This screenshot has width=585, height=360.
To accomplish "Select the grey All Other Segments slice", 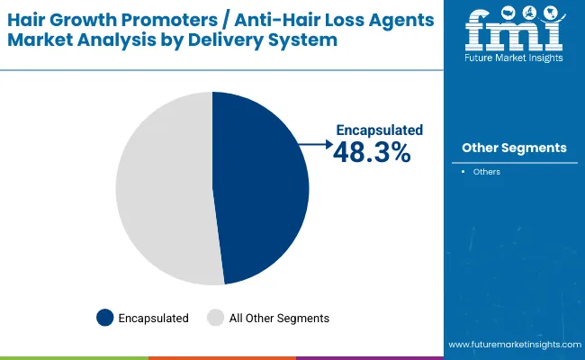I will [x=162, y=189].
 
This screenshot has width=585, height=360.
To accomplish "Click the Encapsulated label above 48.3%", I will [x=379, y=130].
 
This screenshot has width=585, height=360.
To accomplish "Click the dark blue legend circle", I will [x=105, y=318].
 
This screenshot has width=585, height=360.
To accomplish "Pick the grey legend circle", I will [x=215, y=318].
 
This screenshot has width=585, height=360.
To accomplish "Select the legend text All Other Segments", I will [x=279, y=318].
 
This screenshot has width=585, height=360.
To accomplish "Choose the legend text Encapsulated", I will [x=154, y=318].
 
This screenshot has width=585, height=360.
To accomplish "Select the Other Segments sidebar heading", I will [x=514, y=148].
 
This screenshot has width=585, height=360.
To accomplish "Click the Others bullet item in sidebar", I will [x=486, y=171].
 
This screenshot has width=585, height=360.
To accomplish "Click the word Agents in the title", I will [x=399, y=19].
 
